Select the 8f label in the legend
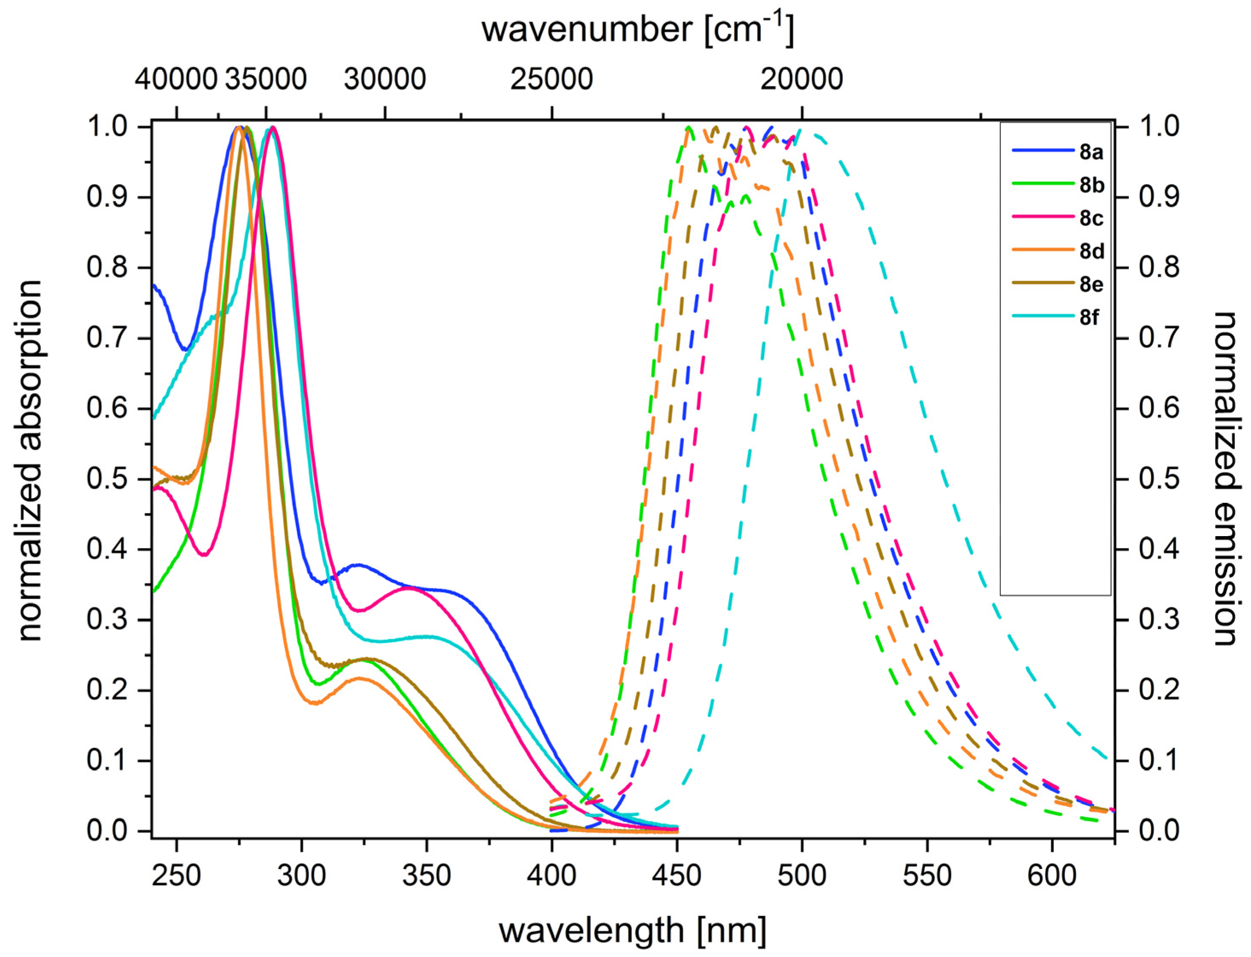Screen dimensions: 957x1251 1089,317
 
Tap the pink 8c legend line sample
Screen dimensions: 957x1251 1043,218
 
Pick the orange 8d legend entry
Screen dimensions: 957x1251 1091,251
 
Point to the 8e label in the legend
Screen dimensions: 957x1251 1091,284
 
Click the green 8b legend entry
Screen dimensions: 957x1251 1091,185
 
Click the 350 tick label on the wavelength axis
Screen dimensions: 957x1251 426,875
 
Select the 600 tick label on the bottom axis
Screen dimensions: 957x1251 1052,875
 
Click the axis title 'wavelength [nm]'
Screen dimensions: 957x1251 632,930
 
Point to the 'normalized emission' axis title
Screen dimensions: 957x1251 1225,478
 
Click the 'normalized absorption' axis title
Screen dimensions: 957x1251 29,461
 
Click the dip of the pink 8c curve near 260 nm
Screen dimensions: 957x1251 205,554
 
